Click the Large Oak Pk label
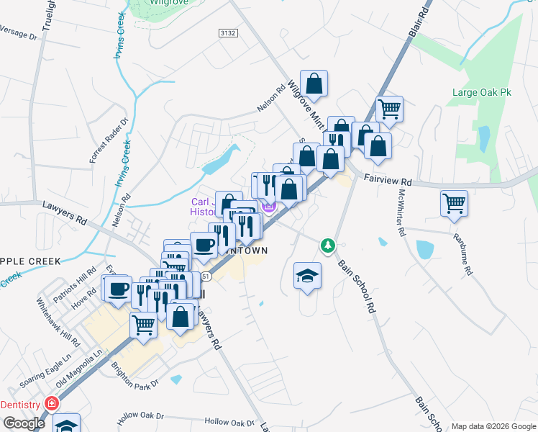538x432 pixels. tap(481, 92)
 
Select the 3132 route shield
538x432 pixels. tap(227, 33)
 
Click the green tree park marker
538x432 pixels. tap(328, 246)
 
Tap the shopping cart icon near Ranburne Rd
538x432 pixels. tap(455, 204)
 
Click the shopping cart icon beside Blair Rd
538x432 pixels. tap(389, 109)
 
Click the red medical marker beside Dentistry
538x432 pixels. tap(51, 403)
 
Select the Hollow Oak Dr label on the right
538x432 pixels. tap(229, 422)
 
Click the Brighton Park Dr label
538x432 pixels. tap(134, 375)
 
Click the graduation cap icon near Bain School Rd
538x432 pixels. tap(307, 275)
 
